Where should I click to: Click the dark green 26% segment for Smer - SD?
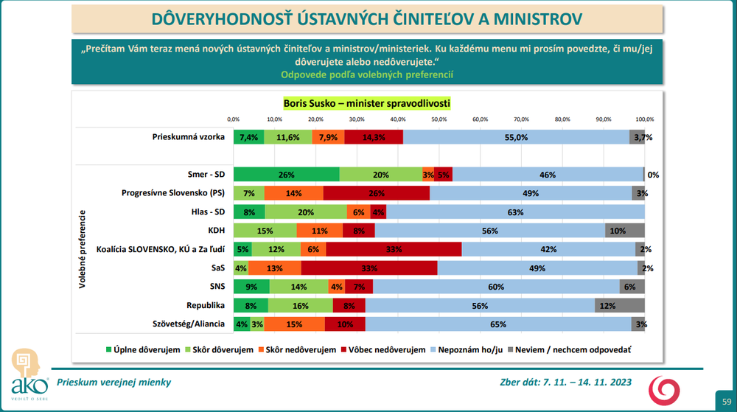287,175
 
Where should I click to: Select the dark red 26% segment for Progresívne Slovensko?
377,194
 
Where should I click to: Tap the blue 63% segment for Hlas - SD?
515,212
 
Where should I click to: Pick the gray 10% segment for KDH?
624,231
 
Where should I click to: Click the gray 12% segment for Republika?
620,305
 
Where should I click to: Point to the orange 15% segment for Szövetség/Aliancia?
294,324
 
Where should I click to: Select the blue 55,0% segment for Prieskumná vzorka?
516,137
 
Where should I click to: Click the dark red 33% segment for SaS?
369,268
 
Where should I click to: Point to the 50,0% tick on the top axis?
439,119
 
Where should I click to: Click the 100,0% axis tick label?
645,119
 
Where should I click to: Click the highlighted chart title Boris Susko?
367,102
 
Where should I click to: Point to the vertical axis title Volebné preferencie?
82,249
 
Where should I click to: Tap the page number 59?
725,400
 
